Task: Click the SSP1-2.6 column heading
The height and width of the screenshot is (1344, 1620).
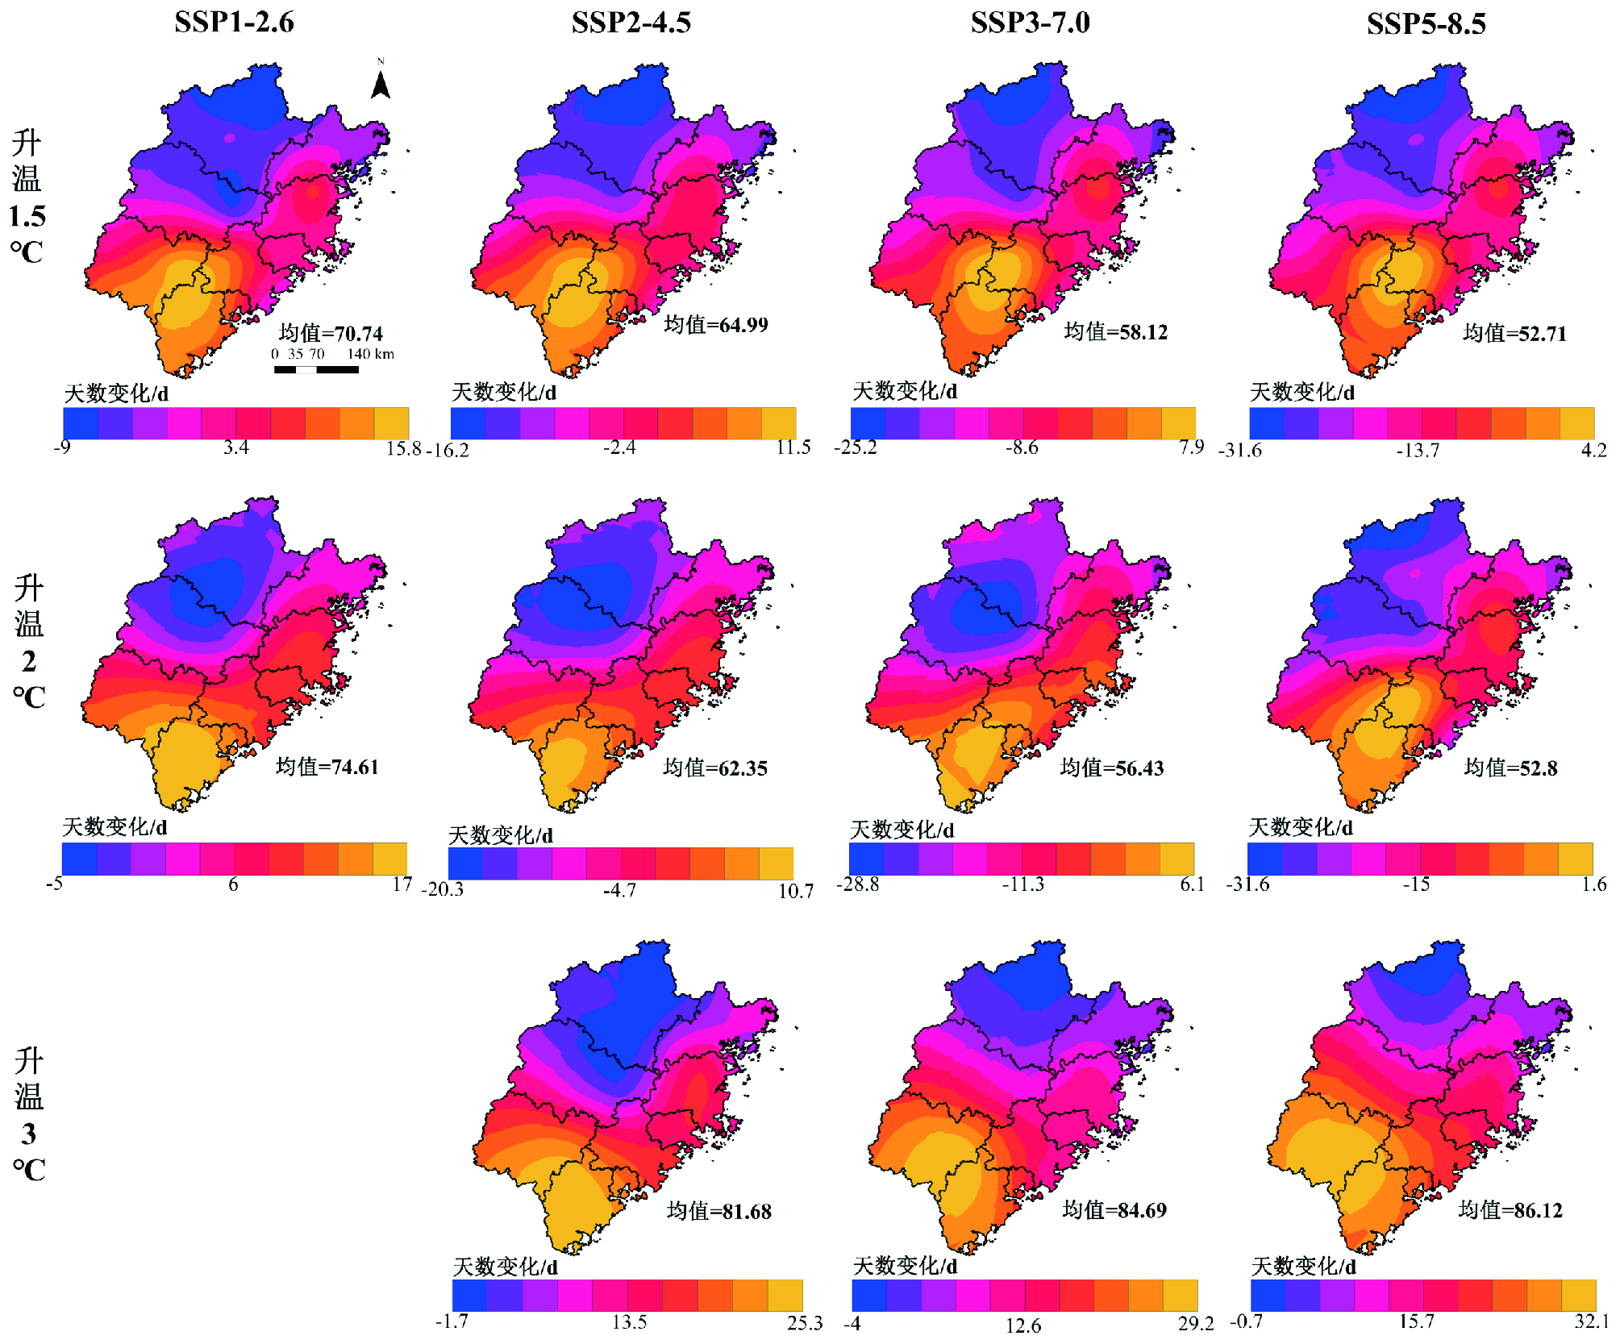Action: pyautogui.click(x=234, y=22)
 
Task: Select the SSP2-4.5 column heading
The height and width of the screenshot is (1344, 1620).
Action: pyautogui.click(x=631, y=23)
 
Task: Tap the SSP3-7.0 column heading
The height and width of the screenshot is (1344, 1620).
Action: pyautogui.click(x=1030, y=23)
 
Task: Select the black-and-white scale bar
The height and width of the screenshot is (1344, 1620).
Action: pyautogui.click(x=316, y=369)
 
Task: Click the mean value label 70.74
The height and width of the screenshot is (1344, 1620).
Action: pyautogui.click(x=331, y=333)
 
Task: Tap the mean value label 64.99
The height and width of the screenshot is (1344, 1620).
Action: pyautogui.click(x=716, y=325)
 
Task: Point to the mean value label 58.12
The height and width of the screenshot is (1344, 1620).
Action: pyautogui.click(x=1116, y=331)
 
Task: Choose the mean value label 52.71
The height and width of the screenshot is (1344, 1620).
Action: pyautogui.click(x=1514, y=333)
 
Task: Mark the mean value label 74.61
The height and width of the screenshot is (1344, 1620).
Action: pyautogui.click(x=327, y=766)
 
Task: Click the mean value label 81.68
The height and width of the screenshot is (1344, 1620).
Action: pyautogui.click(x=719, y=1211)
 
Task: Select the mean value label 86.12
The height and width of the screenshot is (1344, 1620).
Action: pyautogui.click(x=1510, y=1209)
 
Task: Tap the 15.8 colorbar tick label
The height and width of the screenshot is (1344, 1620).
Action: pyautogui.click(x=403, y=448)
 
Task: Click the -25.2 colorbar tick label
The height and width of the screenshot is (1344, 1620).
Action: pyautogui.click(x=856, y=447)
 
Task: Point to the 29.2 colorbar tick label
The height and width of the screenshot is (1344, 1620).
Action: pyautogui.click(x=1195, y=1323)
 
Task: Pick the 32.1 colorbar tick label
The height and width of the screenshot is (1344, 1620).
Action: pyautogui.click(x=1591, y=1321)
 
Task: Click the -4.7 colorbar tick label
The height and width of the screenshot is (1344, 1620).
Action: pyautogui.click(x=619, y=891)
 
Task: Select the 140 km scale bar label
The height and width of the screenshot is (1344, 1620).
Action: pyautogui.click(x=371, y=354)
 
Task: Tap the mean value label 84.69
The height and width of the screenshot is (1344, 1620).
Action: pyautogui.click(x=1114, y=1209)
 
